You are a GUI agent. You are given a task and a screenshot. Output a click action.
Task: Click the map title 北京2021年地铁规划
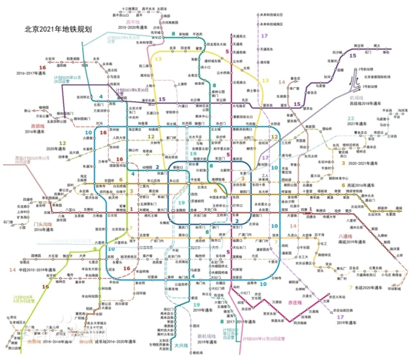pos(68,30)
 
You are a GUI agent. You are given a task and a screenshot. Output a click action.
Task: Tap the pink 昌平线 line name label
pos(131,22)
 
